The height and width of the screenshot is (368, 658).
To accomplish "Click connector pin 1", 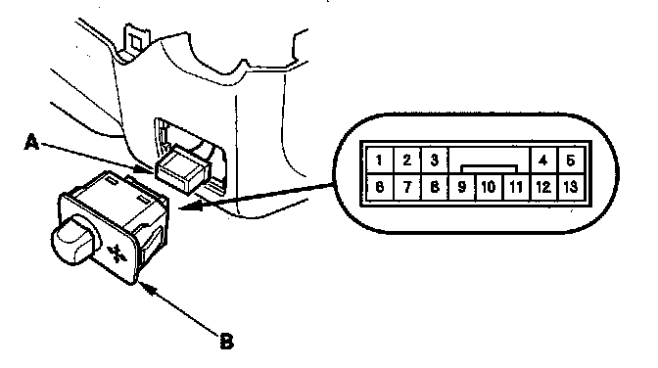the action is pos(379,160).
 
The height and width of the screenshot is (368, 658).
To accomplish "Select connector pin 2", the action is pos(406,160).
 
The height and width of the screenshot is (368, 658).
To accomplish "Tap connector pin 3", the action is pos(435,160).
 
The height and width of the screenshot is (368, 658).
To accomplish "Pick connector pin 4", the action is pos(543,160).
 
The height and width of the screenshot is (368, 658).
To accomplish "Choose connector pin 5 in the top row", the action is pos(571,160).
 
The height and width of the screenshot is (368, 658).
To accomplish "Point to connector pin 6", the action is pos(379,187).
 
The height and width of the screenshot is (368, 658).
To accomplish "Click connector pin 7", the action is pos(406,187).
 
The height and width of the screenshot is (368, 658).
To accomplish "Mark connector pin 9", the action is pos(461,187).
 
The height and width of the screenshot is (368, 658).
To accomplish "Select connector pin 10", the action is pos(489,187).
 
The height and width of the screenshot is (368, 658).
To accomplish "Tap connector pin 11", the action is pos(516,187).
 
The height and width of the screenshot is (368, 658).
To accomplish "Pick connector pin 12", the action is pos(543,187).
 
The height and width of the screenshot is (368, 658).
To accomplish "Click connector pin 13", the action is pos(571,187).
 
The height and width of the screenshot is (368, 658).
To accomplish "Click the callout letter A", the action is pos(31,142).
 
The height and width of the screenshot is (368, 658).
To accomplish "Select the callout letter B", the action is pos(226,342).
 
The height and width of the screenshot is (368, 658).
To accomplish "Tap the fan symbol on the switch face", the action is pos(116,253).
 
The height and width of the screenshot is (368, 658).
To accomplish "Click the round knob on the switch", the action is pos(75,239).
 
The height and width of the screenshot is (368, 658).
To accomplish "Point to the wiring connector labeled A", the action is pos(183,169).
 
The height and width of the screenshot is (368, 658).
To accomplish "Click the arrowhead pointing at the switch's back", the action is pos(191,206).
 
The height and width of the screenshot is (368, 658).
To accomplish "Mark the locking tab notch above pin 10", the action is pos(489,169).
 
